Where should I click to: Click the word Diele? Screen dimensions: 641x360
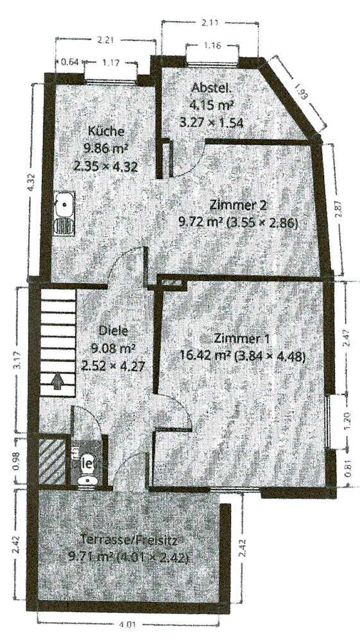pyautogui.click(x=114, y=331)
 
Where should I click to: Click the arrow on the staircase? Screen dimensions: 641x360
pyautogui.click(x=57, y=381)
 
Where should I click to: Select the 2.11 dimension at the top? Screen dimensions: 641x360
pyautogui.click(x=209, y=24)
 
